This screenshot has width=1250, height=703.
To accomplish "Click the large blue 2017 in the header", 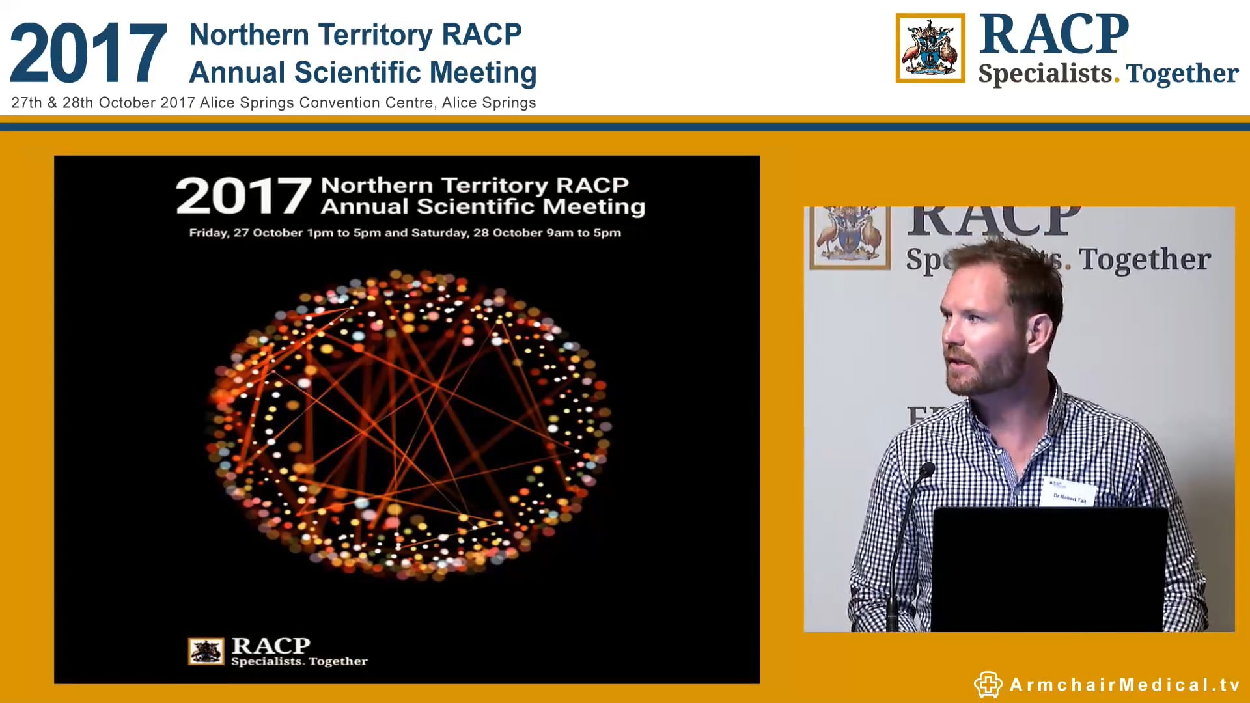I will tap(89, 53).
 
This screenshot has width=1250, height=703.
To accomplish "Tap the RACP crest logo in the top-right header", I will tap(930, 48).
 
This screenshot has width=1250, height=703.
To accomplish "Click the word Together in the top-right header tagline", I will tap(1182, 74).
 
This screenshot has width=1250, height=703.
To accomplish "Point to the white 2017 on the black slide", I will tap(243, 196).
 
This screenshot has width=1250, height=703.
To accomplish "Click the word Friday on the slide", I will tap(208, 233).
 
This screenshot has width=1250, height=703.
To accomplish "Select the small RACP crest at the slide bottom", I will tap(206, 651).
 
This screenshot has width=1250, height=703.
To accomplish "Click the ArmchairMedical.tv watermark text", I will tap(1125, 685).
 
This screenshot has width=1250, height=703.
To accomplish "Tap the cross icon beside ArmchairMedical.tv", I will tap(988, 685).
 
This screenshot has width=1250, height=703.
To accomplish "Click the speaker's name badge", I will tap(1070, 493).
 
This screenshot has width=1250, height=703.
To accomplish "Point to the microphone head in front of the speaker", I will tap(927, 469).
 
